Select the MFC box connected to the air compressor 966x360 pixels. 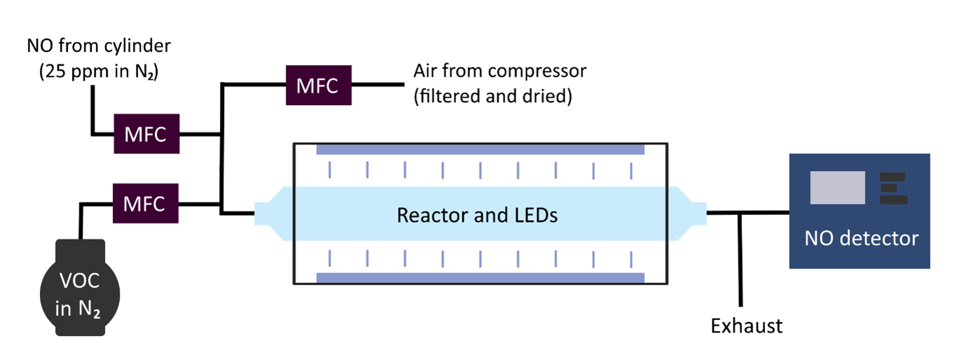coord(318,85)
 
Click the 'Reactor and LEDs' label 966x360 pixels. coord(477,215)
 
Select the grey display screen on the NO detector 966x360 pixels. coord(837,187)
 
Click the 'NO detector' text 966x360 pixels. coord(860,238)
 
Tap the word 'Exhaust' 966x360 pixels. coord(746,326)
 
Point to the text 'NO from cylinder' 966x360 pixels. coord(99,47)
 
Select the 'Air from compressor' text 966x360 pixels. coord(499,71)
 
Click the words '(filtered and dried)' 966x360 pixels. coord(492,95)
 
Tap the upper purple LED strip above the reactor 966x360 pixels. coord(480,150)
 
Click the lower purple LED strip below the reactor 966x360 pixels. coord(480,278)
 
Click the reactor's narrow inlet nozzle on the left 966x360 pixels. coord(267,214)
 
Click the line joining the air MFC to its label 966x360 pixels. coord(378,85)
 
